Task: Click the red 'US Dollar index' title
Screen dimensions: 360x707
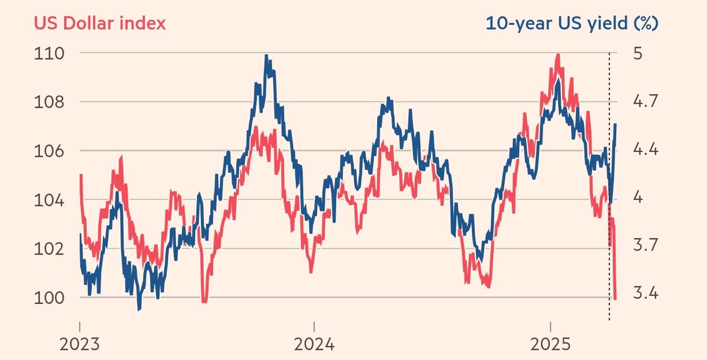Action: point(100,23)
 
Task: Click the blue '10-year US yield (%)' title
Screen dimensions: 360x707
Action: point(571,23)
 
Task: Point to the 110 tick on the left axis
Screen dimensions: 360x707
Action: point(51,53)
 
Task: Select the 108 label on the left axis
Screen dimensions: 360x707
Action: point(51,102)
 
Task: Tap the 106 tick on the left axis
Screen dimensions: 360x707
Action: point(51,151)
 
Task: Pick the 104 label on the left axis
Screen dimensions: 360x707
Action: point(51,200)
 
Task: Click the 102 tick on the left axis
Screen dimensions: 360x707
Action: point(51,249)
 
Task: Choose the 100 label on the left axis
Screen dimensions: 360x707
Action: point(51,298)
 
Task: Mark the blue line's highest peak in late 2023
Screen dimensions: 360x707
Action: point(266,55)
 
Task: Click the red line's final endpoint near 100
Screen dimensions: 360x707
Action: point(615,299)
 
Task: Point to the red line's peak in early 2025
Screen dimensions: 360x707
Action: point(557,54)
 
